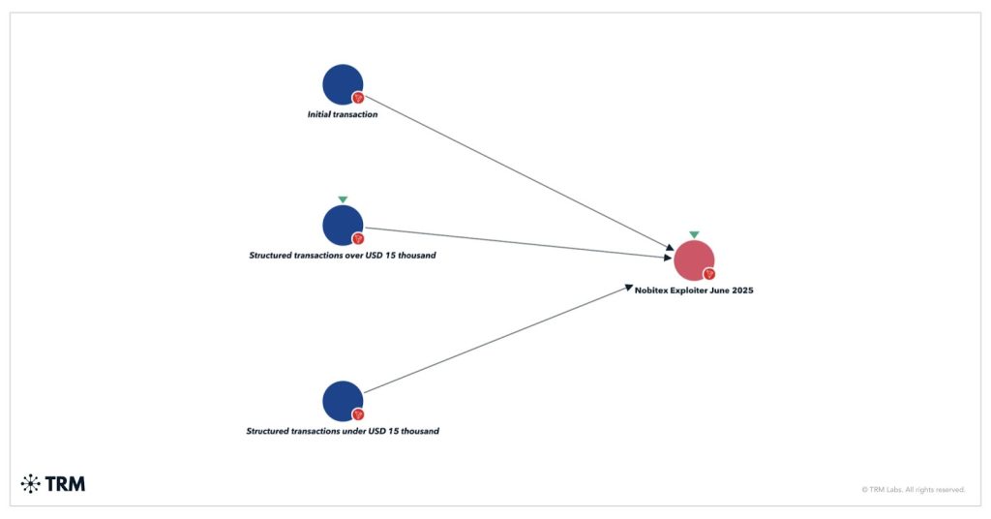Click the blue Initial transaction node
[x=342, y=84]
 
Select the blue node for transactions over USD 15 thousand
[x=342, y=225]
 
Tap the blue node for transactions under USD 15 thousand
[x=342, y=401]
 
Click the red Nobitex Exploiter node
[x=693, y=259]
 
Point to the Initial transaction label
[x=343, y=114]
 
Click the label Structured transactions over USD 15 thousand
[x=343, y=256]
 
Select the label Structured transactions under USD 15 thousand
[x=343, y=431]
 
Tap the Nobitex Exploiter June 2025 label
[x=694, y=290]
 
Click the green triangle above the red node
[x=694, y=234]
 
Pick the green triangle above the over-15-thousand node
[x=343, y=199]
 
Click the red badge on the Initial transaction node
[x=358, y=98]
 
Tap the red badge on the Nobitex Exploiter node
[x=709, y=274]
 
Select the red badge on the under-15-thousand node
[x=358, y=414]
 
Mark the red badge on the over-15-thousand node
[x=358, y=238]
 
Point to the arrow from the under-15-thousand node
[x=498, y=339]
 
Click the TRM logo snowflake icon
[x=30, y=483]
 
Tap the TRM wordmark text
[x=65, y=483]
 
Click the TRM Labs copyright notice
[x=913, y=490]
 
